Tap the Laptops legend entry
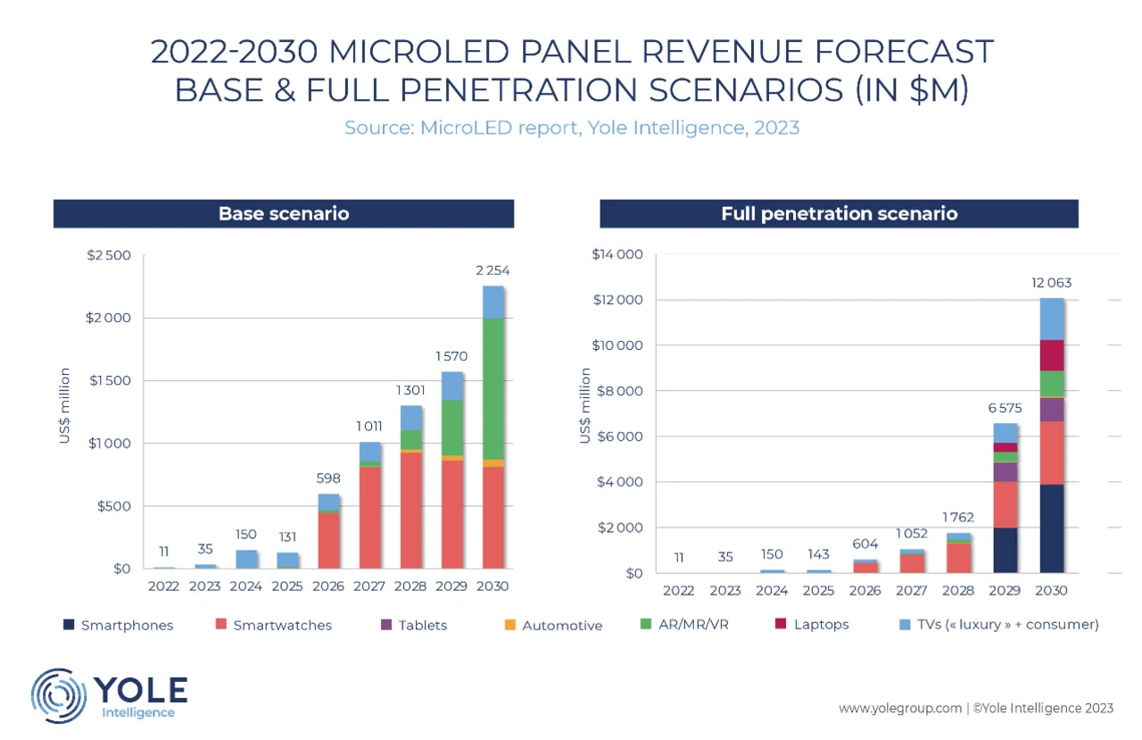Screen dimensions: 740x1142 point(813,625)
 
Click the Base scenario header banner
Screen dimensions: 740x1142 point(284,214)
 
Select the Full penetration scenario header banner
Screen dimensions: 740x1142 point(839,214)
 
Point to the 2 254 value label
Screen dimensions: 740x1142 point(493,270)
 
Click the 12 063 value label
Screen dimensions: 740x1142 point(1052,283)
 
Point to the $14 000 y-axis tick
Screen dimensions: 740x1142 point(617,255)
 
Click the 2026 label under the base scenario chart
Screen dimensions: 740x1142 point(329,587)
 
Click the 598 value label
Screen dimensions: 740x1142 point(329,478)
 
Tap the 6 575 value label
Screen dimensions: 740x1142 point(1005,407)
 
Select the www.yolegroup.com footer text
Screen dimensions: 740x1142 point(899,709)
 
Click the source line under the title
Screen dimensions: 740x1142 point(572,128)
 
